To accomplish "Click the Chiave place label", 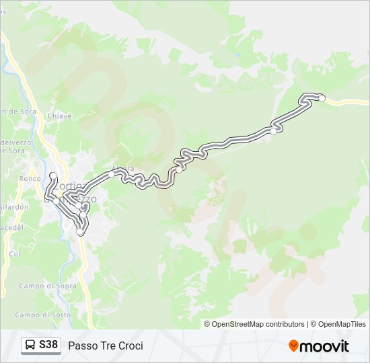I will (x=59, y=116).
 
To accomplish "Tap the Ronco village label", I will (x=30, y=179).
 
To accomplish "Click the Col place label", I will (x=15, y=254).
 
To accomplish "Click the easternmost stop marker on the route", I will (x=322, y=99).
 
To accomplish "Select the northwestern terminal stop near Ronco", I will (x=53, y=176).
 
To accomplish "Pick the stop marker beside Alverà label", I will (x=112, y=174).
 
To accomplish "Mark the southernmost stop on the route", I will (x=81, y=232).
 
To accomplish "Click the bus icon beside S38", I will (x=30, y=346).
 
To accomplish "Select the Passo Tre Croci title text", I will (x=106, y=346).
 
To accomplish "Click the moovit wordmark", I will (x=324, y=346).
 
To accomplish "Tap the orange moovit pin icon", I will (x=293, y=346).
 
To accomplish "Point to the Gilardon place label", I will (x=14, y=207).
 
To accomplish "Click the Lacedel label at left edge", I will (x=11, y=228).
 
